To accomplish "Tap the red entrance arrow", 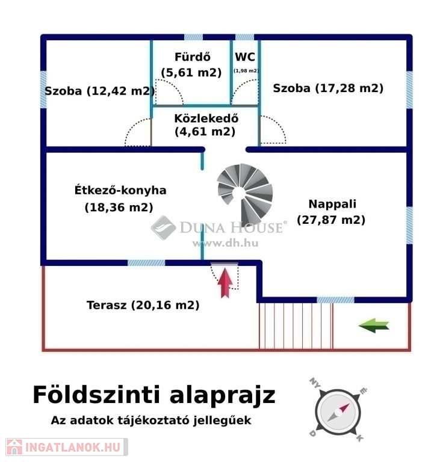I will click(x=225, y=283).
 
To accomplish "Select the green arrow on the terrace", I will click(x=374, y=325).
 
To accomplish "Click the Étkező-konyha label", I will click(x=120, y=190).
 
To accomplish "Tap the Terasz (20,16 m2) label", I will click(x=143, y=305).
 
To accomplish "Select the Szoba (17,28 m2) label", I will click(x=328, y=88).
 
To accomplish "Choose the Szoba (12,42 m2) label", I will click(x=99, y=91).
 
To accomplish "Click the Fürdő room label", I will click(x=192, y=58).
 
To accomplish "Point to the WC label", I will click(x=245, y=58).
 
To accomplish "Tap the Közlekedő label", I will click(x=205, y=118).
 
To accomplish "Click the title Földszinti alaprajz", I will click(x=154, y=395).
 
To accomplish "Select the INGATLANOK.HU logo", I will click(x=64, y=447).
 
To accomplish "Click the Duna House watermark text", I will click(x=231, y=227).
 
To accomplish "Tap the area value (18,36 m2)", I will click(x=119, y=207).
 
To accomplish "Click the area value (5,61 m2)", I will click(x=191, y=72).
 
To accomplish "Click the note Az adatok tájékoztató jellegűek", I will click(x=151, y=420).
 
